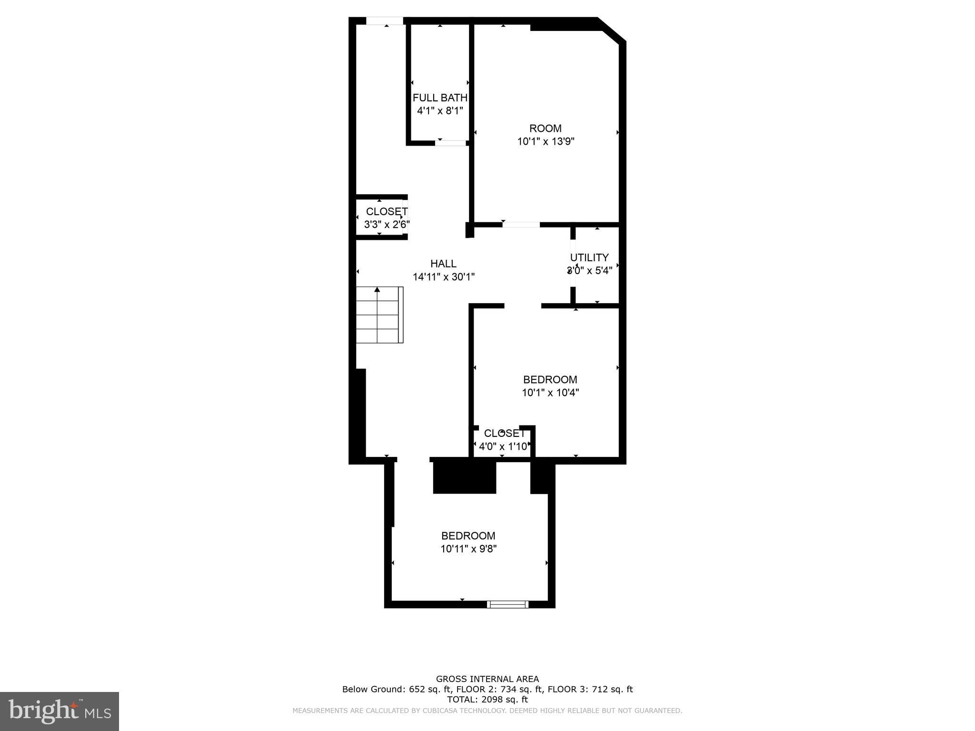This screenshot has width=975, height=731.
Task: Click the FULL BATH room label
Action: [439, 98]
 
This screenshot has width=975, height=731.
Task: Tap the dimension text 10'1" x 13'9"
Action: [546, 141]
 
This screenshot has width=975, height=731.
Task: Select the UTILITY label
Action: [589, 257]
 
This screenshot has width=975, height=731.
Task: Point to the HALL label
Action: [443, 264]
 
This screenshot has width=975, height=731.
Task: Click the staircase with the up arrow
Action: [379, 315]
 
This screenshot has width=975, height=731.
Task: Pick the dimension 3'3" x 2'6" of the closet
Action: [387, 225]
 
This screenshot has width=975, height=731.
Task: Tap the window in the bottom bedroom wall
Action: [507, 604]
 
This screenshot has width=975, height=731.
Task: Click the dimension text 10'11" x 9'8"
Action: [468, 549]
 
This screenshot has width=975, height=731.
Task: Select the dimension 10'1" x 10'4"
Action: [550, 393]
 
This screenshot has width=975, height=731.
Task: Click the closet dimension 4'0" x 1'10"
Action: [503, 446]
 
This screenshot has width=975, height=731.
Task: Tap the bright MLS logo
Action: [60, 711]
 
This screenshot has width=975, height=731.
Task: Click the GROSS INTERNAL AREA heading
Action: [487, 679]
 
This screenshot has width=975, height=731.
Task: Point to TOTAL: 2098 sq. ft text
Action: [487, 700]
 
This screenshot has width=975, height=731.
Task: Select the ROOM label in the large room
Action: [545, 128]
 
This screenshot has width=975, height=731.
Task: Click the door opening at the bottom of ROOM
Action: [521, 225]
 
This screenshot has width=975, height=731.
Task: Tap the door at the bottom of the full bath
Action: [450, 143]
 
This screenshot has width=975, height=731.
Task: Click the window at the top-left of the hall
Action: [385, 21]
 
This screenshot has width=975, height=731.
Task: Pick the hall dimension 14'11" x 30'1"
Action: [443, 277]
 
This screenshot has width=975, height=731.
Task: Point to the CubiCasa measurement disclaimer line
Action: [487, 711]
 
